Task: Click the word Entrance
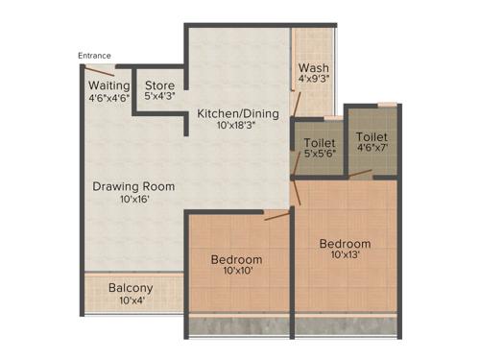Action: pyautogui.click(x=95, y=56)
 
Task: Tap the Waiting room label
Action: pyautogui.click(x=108, y=84)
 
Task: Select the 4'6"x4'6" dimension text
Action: pyautogui.click(x=108, y=97)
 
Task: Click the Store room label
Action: pyautogui.click(x=159, y=84)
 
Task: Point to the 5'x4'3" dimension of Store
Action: pyautogui.click(x=159, y=96)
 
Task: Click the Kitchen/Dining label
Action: pyautogui.click(x=238, y=113)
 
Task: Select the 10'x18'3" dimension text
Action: pyautogui.click(x=238, y=126)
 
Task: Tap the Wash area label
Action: pyautogui.click(x=313, y=68)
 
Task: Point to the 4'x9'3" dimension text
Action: pyautogui.click(x=313, y=81)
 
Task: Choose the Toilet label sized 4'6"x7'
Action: pyautogui.click(x=370, y=135)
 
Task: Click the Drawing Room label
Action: pyautogui.click(x=133, y=186)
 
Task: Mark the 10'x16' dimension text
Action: pyautogui.click(x=133, y=200)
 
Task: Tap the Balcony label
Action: pyautogui.click(x=131, y=288)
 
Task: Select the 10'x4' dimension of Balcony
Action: pyautogui.click(x=131, y=301)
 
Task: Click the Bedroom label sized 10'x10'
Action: pyautogui.click(x=236, y=260)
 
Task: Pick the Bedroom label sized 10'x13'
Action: pyautogui.click(x=345, y=244)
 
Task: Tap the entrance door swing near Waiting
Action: pyautogui.click(x=101, y=70)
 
